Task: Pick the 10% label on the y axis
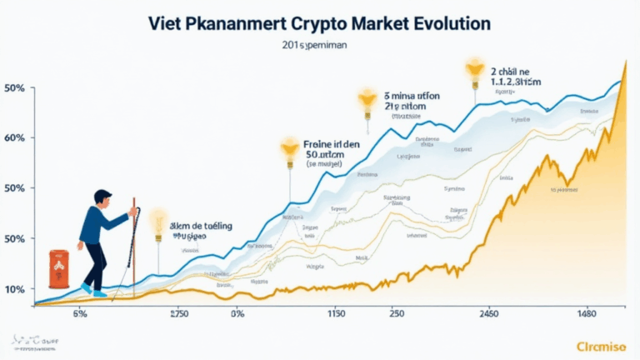tap(16, 289)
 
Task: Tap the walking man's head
tap(103, 200)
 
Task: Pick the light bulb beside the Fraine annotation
tap(289, 151)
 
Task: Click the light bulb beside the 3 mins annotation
tap(366, 101)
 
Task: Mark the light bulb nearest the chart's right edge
tap(476, 67)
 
